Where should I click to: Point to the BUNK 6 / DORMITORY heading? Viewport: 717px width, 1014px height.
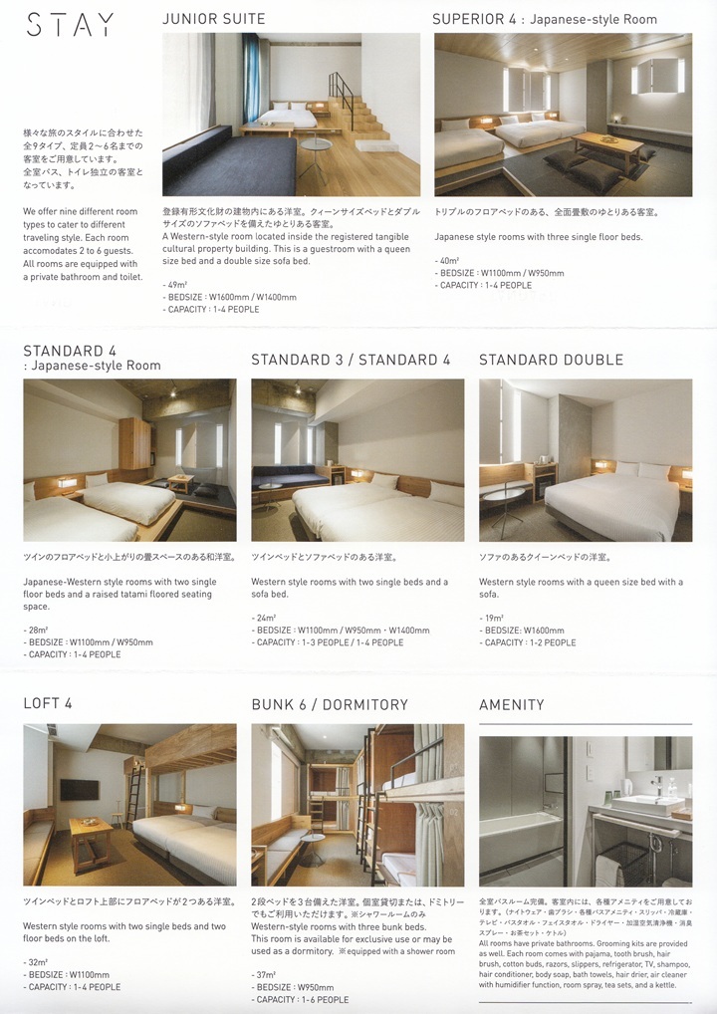pos(330,704)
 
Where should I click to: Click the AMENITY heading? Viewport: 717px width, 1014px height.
pos(512,704)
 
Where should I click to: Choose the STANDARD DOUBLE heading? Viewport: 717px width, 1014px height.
pos(551,360)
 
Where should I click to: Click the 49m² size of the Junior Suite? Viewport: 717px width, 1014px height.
pos(176,284)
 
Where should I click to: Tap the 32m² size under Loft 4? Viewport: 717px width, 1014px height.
pos(36,962)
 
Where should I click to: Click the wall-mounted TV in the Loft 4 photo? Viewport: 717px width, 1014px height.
pos(80,789)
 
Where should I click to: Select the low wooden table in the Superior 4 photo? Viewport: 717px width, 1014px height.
pos(608,142)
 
